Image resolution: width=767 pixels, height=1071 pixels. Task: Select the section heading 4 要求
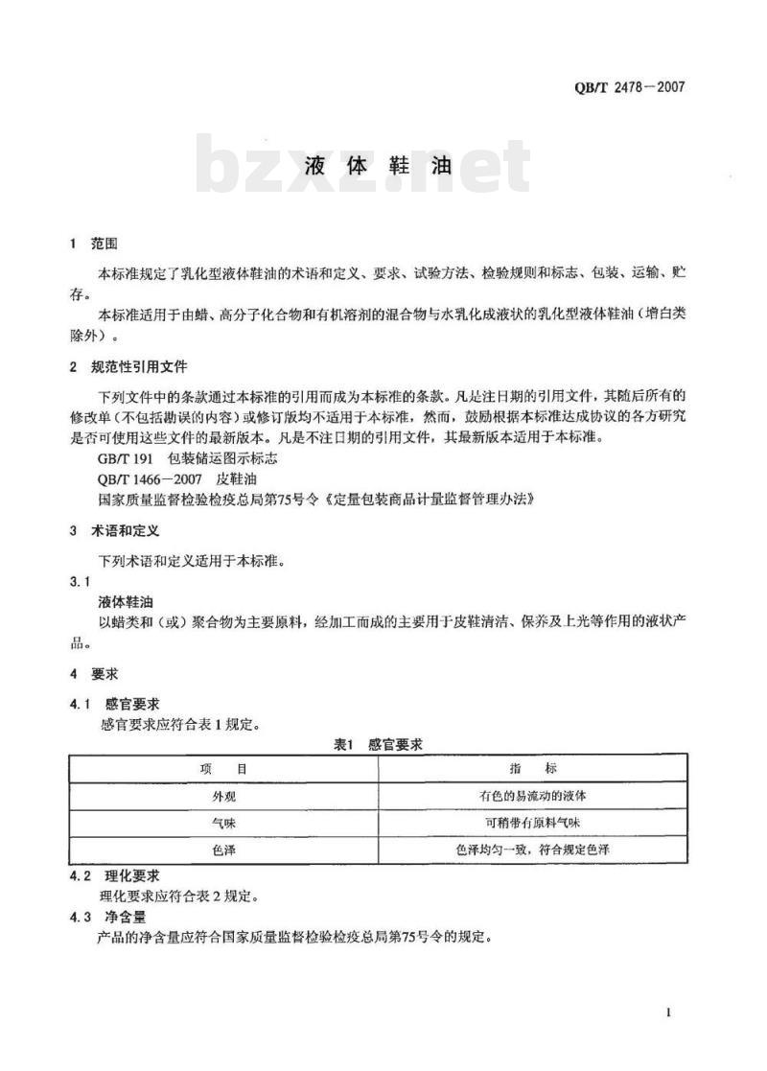(93, 674)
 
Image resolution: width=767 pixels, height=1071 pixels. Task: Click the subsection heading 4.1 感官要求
(114, 705)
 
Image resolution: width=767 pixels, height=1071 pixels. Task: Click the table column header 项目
(223, 769)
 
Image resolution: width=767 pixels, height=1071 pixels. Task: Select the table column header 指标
(533, 769)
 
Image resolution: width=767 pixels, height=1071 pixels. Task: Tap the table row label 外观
(223, 796)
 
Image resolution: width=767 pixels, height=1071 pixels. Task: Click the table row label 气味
(223, 823)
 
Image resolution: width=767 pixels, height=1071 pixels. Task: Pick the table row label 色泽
(223, 850)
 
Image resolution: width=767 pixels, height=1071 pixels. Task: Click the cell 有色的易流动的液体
(533, 796)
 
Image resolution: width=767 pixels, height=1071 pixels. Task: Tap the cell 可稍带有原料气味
(533, 823)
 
